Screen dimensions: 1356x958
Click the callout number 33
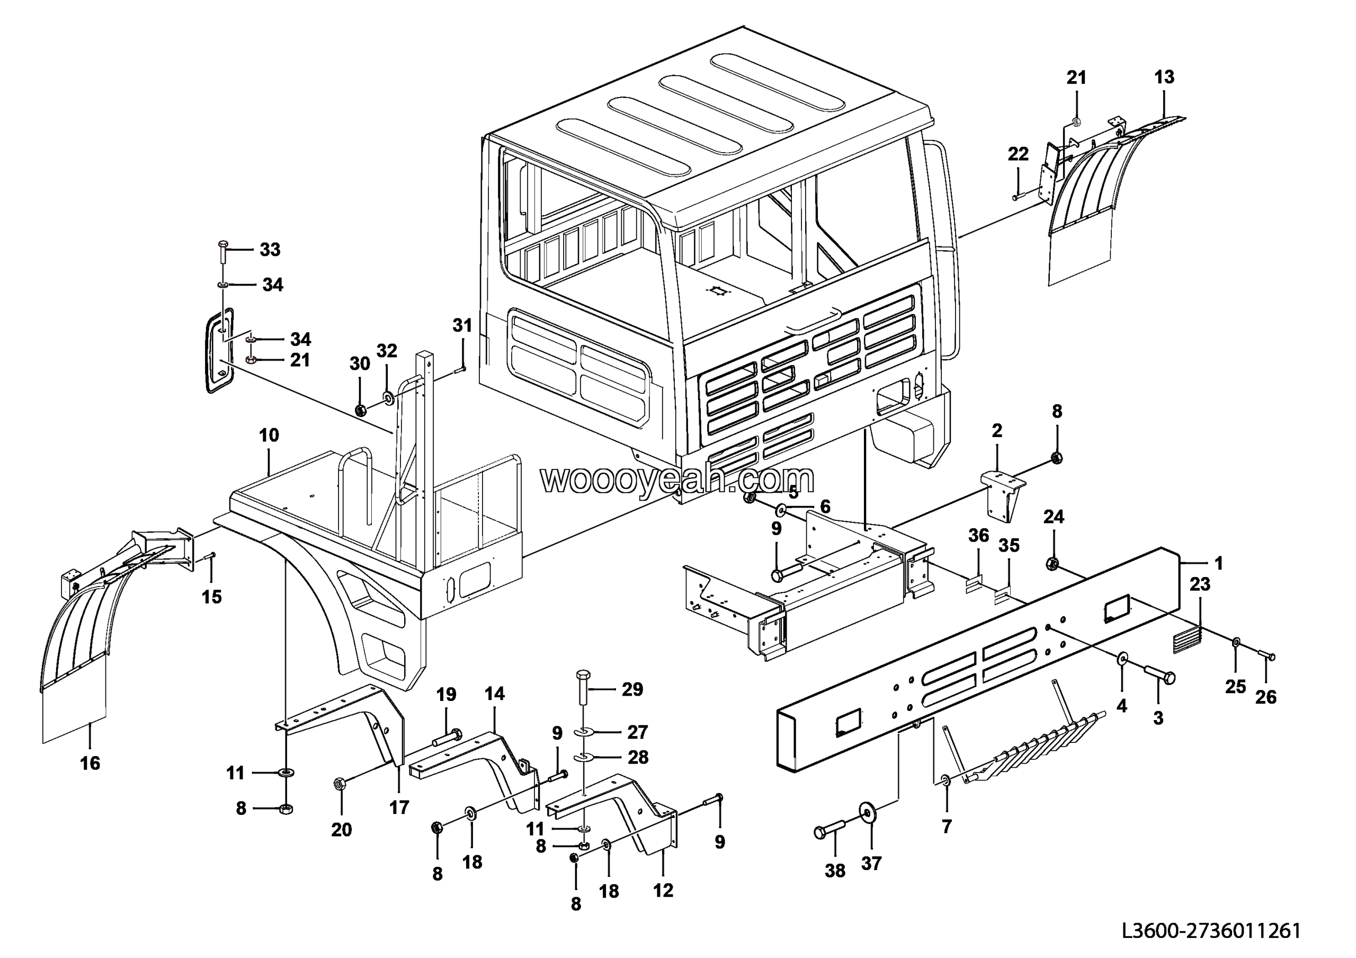click(270, 250)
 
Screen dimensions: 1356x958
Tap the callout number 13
click(1164, 77)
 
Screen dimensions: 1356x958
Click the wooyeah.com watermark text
click(677, 479)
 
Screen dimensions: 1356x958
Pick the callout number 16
click(91, 763)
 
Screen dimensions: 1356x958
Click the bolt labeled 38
click(830, 831)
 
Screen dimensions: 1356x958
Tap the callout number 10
click(269, 436)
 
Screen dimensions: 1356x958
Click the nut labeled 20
click(340, 784)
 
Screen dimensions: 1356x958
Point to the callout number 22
click(1018, 154)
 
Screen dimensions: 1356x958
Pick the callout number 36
click(979, 536)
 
